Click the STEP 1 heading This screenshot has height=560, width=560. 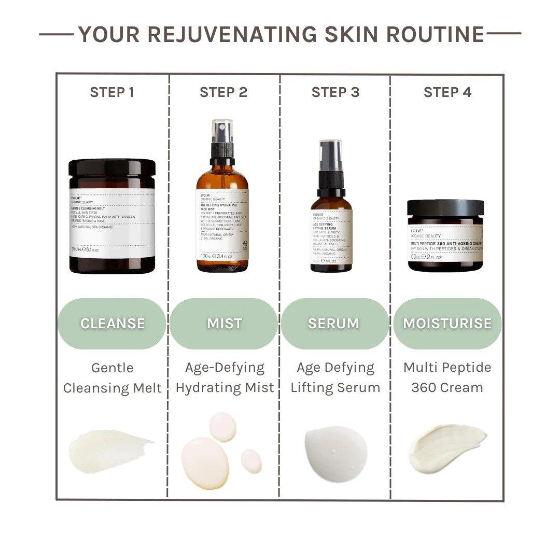(112, 92)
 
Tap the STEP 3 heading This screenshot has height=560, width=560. (335, 92)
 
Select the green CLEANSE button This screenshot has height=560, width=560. (112, 323)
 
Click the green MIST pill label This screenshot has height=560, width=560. (224, 323)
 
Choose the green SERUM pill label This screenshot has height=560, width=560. (334, 323)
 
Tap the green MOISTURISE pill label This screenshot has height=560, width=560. (447, 323)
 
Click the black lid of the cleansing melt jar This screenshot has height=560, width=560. (112, 169)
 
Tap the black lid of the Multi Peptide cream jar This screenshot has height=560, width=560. (445, 208)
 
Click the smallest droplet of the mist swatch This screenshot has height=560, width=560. (251, 460)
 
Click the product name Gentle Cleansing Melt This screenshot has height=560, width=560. (112, 378)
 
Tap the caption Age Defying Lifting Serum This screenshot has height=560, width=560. (335, 377)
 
